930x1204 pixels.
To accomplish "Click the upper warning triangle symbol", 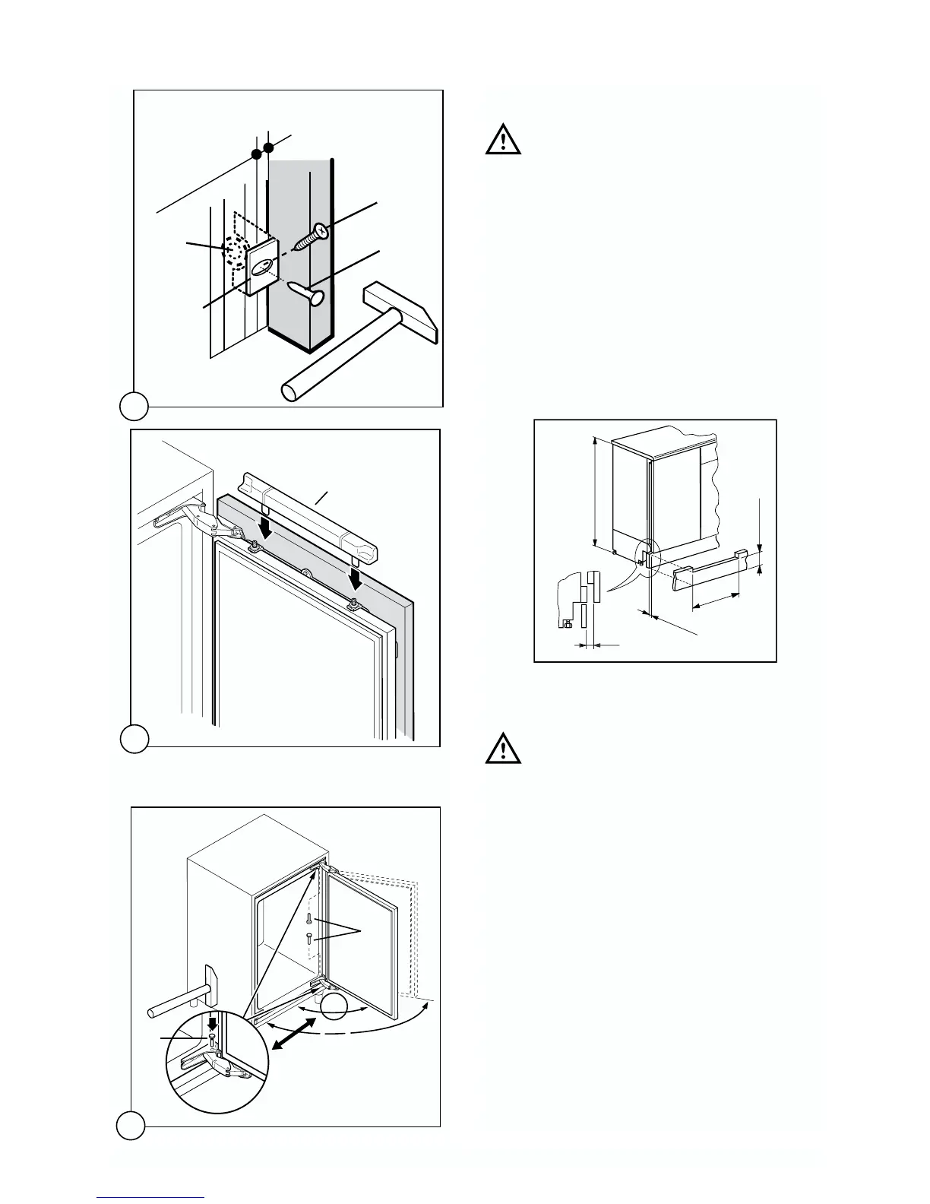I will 503,141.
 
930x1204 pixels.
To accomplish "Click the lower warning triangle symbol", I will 503,748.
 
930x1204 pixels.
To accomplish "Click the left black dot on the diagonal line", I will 257,155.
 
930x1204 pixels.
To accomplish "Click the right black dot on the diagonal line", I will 268,146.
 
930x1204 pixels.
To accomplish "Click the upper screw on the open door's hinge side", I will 309,921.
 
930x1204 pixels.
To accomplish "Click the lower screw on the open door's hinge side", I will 309,939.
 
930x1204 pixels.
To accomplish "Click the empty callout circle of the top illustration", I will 133,406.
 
